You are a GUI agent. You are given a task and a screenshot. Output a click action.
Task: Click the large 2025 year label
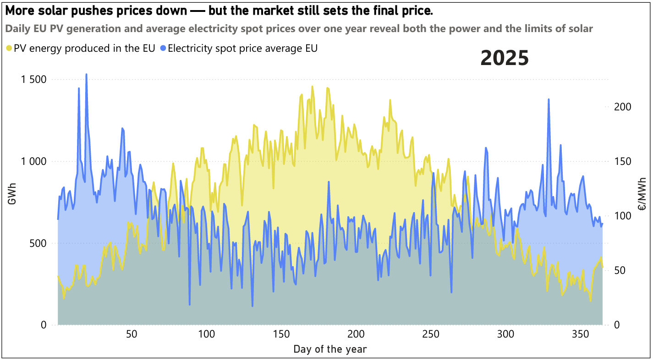click(505, 59)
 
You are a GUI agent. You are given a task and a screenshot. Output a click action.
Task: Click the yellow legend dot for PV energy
click(9, 48)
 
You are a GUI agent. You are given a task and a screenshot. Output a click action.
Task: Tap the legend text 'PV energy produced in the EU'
click(84, 48)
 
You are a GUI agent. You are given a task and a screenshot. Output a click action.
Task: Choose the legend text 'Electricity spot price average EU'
click(242, 48)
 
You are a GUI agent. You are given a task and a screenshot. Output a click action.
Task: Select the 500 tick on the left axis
click(38, 243)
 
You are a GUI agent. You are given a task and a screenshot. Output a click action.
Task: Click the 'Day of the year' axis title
click(330, 349)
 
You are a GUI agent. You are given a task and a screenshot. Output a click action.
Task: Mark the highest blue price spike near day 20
click(86, 74)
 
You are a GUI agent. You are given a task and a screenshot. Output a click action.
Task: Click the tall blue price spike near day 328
click(549, 99)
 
